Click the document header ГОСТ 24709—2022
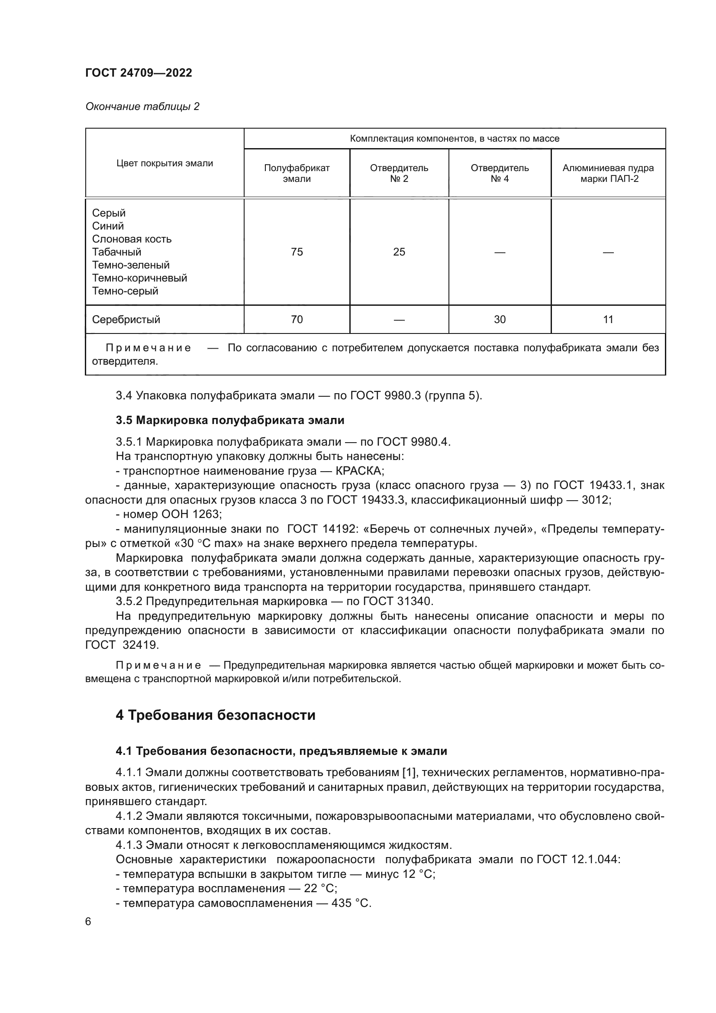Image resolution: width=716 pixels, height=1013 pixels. tap(139, 73)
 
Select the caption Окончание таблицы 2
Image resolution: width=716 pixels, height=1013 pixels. tap(142, 107)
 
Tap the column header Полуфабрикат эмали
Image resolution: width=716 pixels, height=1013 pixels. tap(297, 173)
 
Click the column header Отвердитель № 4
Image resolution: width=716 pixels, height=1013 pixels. tap(500, 173)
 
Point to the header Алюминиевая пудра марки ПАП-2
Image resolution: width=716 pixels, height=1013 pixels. tap(608, 173)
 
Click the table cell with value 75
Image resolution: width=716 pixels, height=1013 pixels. tap(297, 252)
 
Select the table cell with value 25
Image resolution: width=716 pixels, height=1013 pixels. tap(399, 252)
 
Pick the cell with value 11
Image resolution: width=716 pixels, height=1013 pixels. tap(608, 320)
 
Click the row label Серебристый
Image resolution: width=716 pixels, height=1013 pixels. tap(126, 320)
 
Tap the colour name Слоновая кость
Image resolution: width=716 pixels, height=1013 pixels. tap(132, 239)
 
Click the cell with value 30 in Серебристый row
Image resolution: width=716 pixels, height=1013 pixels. tap(500, 320)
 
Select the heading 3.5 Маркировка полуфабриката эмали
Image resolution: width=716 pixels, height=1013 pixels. tap(230, 421)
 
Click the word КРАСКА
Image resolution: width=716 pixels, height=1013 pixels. tap(360, 471)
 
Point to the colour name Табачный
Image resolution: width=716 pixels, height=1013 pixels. tap(117, 252)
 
